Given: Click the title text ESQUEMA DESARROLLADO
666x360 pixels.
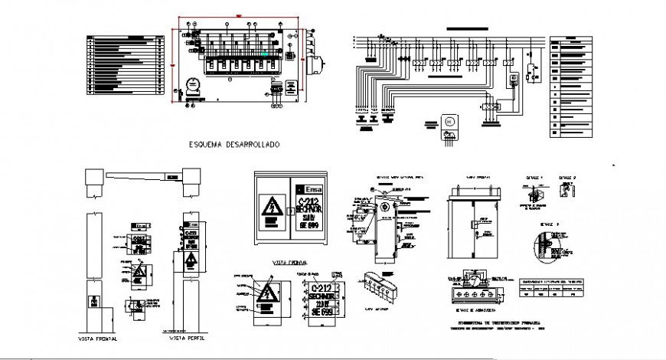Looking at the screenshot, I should pos(233,144).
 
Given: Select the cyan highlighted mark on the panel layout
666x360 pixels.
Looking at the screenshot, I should pos(266,54).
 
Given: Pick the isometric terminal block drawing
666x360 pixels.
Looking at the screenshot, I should pos(380,286).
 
